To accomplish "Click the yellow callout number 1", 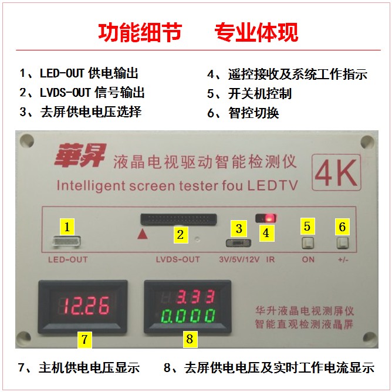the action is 67,227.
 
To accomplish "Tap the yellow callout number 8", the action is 190,339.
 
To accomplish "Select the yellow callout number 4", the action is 266,233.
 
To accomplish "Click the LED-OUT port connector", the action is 66,242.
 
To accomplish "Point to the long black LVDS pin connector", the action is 178,219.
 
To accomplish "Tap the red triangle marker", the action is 143,234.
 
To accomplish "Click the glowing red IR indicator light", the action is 269,218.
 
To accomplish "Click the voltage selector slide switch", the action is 238,243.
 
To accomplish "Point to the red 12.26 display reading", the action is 86,306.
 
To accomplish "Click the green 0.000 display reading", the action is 188,316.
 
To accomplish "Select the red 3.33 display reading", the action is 196,297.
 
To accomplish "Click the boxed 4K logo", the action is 336,173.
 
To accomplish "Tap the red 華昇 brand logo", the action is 80,156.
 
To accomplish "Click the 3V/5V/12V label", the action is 239,259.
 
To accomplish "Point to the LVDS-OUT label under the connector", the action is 178,259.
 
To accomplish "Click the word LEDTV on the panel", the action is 272,186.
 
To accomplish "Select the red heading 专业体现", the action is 256,32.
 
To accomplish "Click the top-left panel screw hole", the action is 27,141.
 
